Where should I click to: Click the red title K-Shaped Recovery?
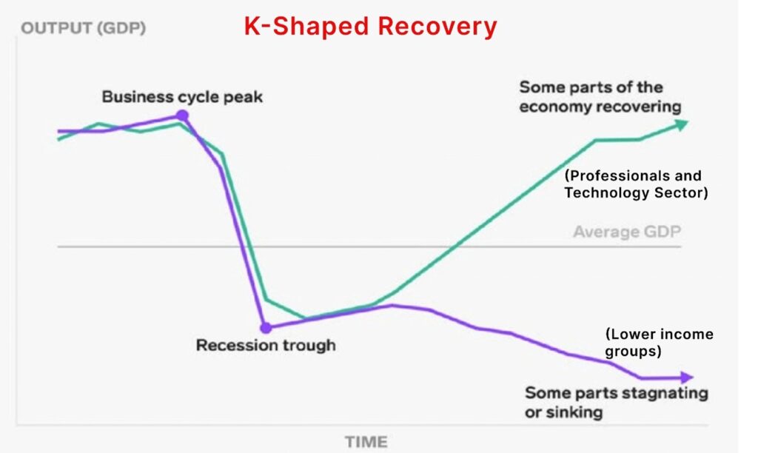coord(371,27)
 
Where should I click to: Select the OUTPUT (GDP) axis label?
coord(83,30)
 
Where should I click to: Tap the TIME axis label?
coord(366,442)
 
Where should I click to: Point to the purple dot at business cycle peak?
coord(182,115)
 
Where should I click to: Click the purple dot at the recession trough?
coord(266,327)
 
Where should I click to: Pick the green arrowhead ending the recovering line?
coord(681,124)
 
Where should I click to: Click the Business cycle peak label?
coord(182,97)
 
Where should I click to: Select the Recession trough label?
coord(265,345)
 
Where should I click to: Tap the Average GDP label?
coord(626,232)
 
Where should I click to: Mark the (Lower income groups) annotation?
coord(658,343)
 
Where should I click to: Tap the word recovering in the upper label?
coord(640,107)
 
